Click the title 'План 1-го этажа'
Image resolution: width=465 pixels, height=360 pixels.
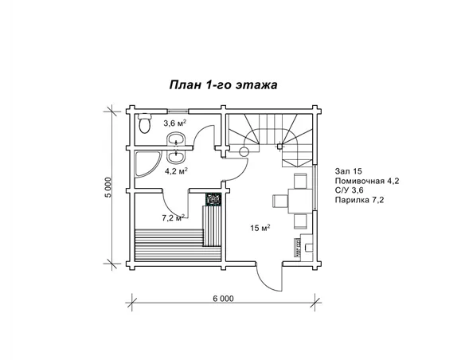tap(223, 84)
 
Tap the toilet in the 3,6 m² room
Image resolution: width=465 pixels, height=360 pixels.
tap(145, 123)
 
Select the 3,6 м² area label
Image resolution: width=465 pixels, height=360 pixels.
tap(175, 123)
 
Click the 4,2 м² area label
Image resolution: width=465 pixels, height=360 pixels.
tap(176, 171)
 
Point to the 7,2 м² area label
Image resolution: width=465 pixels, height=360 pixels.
tap(174, 218)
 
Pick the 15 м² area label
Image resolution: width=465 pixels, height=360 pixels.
tap(260, 228)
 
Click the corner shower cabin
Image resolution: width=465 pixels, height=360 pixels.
tap(147, 165)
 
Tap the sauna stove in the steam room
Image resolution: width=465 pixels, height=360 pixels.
tap(213, 199)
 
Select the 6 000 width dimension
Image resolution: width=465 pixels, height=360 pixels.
tap(223, 299)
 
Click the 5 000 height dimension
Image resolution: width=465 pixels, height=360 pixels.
tap(108, 187)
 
